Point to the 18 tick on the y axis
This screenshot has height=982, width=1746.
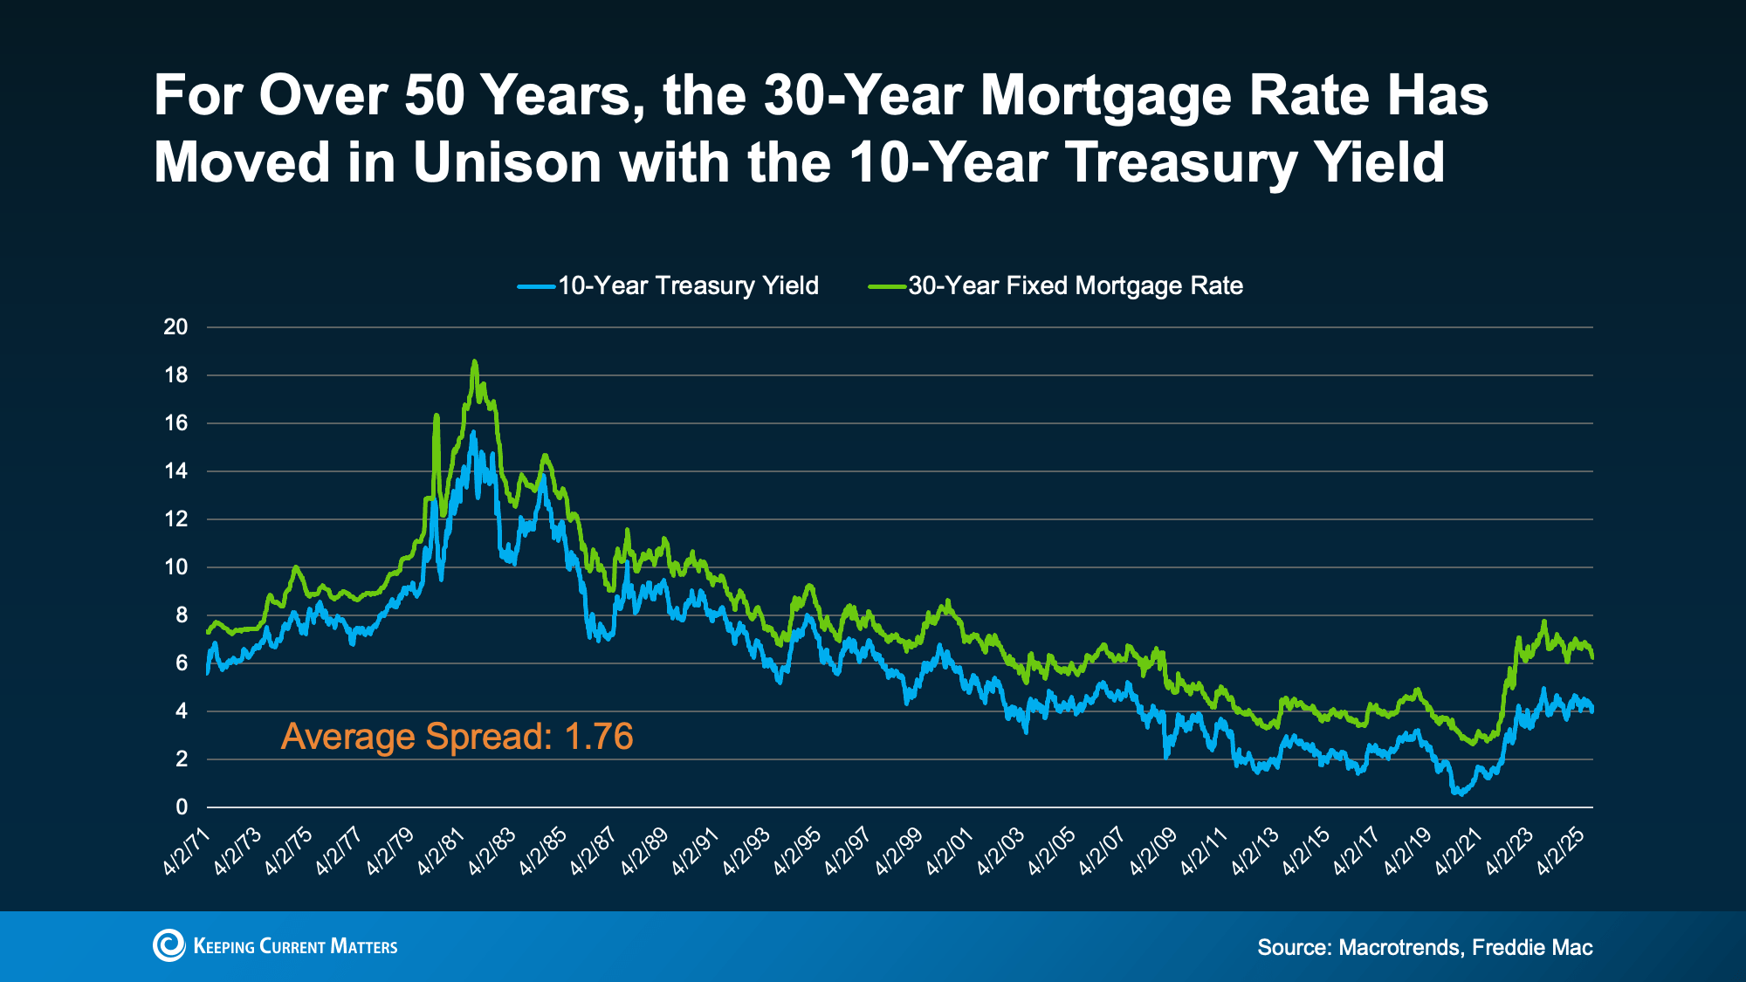176,375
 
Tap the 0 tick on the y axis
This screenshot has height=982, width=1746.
182,807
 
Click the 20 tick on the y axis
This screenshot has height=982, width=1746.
176,327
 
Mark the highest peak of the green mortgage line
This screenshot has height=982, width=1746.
474,361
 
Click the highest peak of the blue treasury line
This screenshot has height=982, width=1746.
473,432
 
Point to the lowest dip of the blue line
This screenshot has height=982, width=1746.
1461,793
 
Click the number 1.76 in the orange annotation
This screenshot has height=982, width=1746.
599,737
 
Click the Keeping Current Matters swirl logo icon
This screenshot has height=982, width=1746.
169,945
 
